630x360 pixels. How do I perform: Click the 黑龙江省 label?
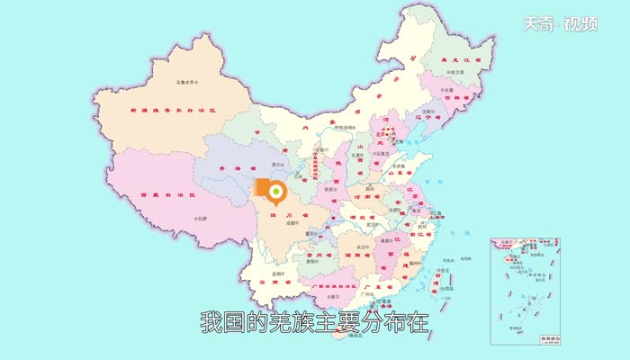461,59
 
